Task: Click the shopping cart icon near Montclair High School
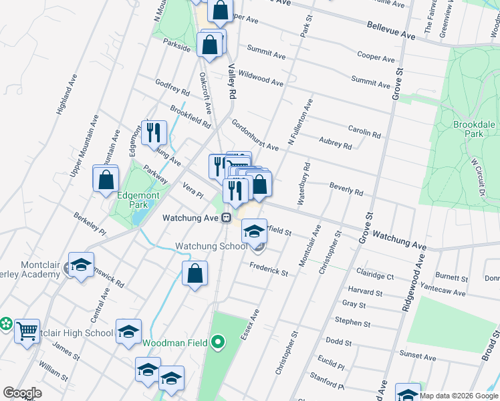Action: click(27, 329)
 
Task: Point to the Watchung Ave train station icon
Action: click(227, 218)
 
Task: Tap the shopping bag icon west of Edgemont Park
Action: click(106, 179)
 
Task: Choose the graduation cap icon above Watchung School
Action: click(253, 231)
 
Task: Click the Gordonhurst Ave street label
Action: click(255, 135)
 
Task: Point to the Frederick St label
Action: click(269, 269)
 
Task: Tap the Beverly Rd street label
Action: click(346, 188)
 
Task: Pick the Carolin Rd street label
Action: click(364, 131)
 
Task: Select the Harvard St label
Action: click(365, 291)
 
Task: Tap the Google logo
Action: click(22, 393)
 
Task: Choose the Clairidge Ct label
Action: click(375, 275)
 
